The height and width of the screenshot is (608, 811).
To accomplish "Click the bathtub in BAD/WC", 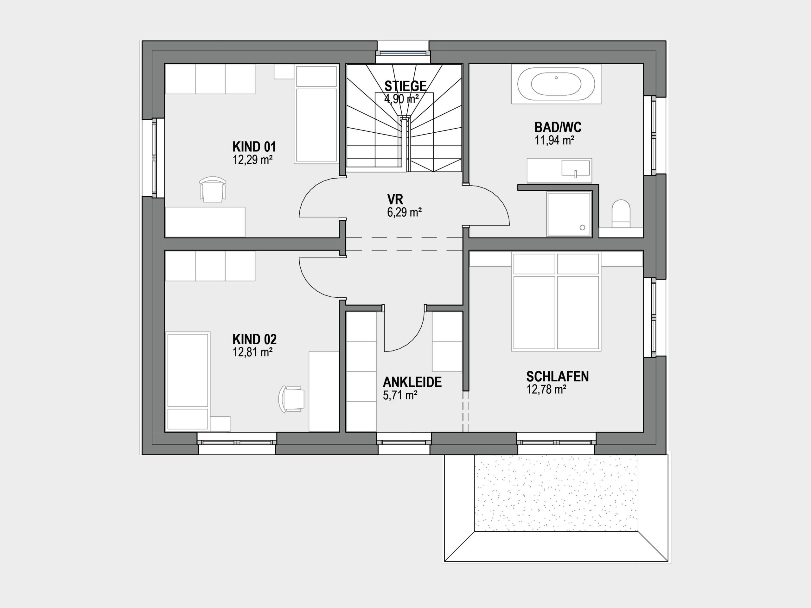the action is (x=556, y=84).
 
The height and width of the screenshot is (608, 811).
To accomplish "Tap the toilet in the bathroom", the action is (x=621, y=214).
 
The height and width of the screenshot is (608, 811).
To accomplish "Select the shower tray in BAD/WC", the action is (x=569, y=214).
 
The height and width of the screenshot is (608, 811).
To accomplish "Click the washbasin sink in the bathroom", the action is (x=575, y=168).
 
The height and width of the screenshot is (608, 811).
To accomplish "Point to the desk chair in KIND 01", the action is (x=212, y=189).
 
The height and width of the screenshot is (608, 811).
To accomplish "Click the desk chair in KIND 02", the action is (x=292, y=399).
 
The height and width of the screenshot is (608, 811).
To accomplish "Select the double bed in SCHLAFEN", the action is (x=556, y=301).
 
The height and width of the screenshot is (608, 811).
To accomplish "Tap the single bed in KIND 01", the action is (x=316, y=114).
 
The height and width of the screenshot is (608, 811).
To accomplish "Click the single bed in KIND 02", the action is (x=188, y=382).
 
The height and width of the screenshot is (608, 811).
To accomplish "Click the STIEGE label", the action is (x=405, y=86).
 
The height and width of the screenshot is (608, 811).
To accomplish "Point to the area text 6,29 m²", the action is (x=404, y=212).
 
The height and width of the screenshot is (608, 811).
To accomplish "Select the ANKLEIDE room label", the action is (x=412, y=382).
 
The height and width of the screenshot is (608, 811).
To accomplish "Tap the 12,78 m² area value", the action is (x=546, y=389).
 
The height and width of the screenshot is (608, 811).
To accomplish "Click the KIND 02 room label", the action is (x=254, y=339).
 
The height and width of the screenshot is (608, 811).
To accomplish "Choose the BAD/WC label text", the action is (x=558, y=128).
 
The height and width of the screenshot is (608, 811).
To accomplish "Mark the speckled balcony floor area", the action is (x=556, y=493).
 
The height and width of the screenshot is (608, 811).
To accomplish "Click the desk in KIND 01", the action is (x=205, y=222).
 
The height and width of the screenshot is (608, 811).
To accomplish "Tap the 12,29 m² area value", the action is (x=252, y=160).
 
